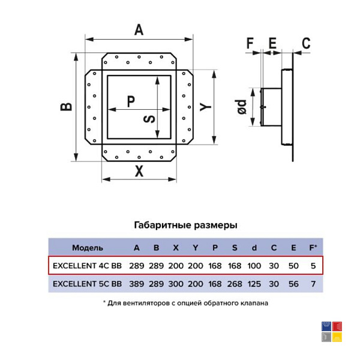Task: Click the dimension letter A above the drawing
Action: point(139,29)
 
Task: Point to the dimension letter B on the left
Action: point(66,107)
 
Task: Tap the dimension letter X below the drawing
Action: point(139,171)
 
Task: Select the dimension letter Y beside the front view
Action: point(205,107)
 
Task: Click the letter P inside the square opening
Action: point(131,101)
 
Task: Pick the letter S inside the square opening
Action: point(149,119)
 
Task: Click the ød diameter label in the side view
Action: point(242,107)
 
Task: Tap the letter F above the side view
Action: point(250,43)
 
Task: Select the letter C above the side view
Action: point(306,43)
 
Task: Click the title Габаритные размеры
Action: point(185,225)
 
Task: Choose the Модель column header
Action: point(88,248)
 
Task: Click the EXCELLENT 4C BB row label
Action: point(87,266)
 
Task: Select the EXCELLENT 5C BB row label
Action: point(87,284)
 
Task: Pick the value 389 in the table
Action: point(137,284)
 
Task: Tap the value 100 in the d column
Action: point(254,266)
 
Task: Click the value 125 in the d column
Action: point(254,284)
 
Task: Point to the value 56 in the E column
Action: point(293,284)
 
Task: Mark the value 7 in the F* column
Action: point(313,284)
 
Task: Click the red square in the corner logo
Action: point(337,326)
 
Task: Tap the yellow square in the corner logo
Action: point(337,337)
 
